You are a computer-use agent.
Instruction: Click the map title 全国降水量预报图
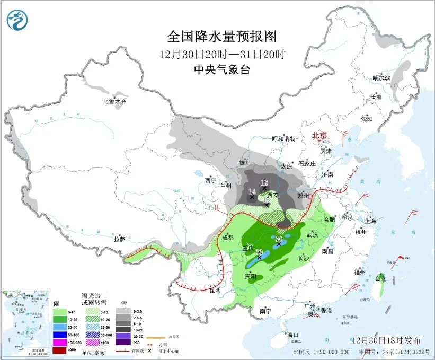[x=222, y=37]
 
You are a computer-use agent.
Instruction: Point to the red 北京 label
[x=320, y=136]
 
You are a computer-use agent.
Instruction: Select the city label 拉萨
[x=119, y=239]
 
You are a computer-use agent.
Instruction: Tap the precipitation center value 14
[x=252, y=191]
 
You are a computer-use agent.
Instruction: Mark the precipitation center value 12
[x=264, y=182]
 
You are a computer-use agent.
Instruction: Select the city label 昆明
[x=215, y=291]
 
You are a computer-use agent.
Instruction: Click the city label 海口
[x=293, y=335]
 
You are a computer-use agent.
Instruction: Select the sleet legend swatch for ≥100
[x=91, y=343]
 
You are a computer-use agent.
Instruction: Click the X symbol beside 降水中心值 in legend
[x=150, y=351]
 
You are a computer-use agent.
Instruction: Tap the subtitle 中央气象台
[x=222, y=70]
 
